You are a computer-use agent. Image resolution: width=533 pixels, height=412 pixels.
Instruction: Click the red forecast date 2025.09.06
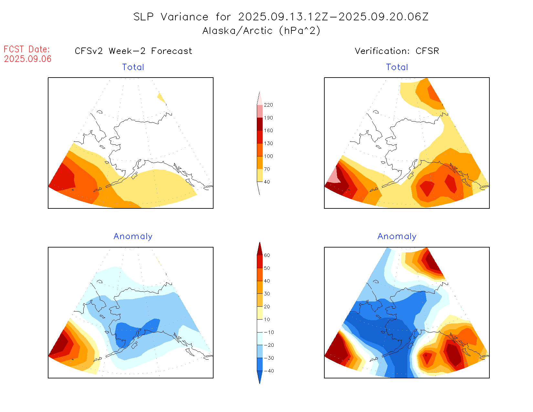[28, 59]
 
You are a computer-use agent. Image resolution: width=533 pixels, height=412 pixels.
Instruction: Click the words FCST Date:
[27, 49]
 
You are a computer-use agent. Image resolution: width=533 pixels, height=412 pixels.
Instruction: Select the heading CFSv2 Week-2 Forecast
[133, 51]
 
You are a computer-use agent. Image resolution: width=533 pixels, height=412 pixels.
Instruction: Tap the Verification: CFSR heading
[397, 51]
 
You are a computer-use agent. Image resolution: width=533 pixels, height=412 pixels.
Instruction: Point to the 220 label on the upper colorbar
[268, 105]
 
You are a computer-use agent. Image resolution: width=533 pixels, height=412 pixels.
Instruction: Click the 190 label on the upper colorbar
[268, 118]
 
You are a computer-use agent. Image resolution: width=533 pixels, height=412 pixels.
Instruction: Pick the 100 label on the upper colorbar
[268, 156]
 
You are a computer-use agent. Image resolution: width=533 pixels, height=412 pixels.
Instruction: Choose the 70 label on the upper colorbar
[267, 169]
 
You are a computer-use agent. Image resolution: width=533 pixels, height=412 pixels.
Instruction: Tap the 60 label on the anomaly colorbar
[267, 255]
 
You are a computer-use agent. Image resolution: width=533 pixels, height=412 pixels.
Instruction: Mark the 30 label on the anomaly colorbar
[267, 294]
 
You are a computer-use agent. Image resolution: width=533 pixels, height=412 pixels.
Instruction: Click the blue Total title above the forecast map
[133, 67]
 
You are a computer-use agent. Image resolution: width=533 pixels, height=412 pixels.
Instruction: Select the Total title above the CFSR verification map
[397, 67]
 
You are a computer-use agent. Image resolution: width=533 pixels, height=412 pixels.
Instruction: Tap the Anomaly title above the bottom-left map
[133, 237]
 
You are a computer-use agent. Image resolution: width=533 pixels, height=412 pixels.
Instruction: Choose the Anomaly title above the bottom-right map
[397, 237]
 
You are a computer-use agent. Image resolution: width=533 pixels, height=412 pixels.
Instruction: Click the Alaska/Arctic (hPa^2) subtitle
[261, 31]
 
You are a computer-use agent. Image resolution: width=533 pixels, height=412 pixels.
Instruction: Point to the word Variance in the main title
[184, 17]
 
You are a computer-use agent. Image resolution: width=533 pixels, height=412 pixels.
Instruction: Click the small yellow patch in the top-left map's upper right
[161, 97]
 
